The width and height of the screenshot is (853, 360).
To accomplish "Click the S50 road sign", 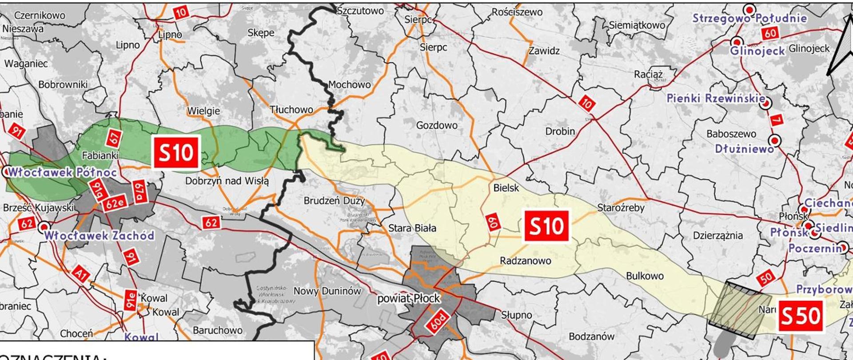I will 800,316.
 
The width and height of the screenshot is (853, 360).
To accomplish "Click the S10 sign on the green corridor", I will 176,153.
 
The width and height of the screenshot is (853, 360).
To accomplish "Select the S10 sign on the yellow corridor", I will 546,226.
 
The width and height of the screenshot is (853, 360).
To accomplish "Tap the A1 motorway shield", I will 80,274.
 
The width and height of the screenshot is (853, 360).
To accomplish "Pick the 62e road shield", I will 114,204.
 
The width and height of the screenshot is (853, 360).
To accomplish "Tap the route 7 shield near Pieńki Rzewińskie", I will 776,120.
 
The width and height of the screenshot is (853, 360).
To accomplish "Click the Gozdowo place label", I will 437,125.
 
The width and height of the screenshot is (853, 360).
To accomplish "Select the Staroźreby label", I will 621,208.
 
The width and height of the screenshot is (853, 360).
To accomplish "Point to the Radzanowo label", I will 525,261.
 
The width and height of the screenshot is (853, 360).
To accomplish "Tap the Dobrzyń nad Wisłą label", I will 227,181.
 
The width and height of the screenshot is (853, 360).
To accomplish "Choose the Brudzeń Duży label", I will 334,200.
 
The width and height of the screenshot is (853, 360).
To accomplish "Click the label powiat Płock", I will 408,299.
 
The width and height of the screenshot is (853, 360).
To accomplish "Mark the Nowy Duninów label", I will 327,291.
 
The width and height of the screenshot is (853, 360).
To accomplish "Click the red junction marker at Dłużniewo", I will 775,140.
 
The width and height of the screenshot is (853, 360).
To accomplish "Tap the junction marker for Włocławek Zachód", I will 44,228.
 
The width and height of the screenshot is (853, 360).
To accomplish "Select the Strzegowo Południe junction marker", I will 750,9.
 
